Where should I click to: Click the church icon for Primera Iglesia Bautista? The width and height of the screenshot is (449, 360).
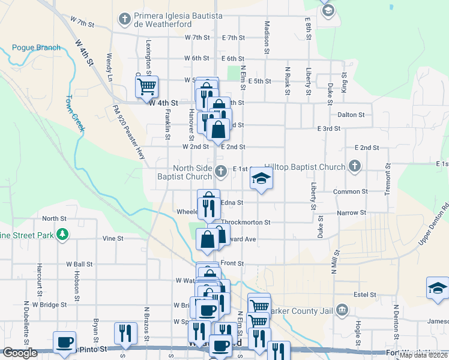(x=125, y=19)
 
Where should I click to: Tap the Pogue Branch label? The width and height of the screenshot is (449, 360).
(x=36, y=48)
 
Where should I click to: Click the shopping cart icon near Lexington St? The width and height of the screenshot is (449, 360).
(x=146, y=87)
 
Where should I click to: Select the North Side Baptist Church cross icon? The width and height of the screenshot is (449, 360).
(x=221, y=172)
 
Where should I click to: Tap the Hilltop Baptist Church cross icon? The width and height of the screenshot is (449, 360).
(x=354, y=166)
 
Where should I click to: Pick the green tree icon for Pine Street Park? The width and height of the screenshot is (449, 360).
(x=61, y=233)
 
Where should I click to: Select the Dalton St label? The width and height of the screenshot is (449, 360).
(x=351, y=115)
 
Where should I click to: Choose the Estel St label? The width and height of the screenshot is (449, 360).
(x=364, y=295)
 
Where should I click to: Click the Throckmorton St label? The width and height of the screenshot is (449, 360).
(x=246, y=222)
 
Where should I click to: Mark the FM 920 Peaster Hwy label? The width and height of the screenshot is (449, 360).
(x=129, y=131)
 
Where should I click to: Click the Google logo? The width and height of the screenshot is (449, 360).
(x=19, y=353)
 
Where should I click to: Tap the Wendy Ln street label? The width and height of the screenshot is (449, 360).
(x=109, y=66)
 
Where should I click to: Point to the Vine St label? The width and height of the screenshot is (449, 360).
(x=112, y=238)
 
